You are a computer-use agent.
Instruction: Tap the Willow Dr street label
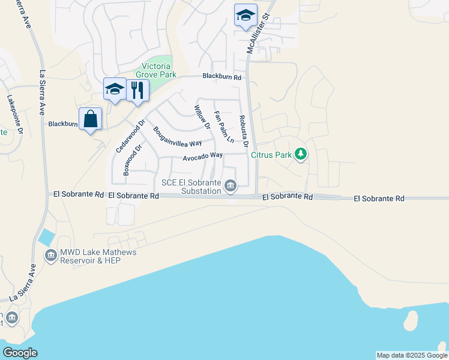(x=200, y=118)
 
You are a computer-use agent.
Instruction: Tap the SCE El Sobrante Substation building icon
(x=230, y=188)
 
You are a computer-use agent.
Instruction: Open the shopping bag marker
(x=90, y=118)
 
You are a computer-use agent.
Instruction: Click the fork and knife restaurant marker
(x=137, y=90)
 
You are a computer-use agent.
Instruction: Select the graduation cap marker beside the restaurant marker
(x=115, y=89)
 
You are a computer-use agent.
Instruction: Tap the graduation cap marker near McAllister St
(x=246, y=15)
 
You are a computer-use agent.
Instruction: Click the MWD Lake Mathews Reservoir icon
(x=51, y=256)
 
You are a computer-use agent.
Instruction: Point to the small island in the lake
(x=411, y=320)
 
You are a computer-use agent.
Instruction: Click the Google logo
(x=19, y=353)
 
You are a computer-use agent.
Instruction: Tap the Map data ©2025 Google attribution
(x=411, y=355)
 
